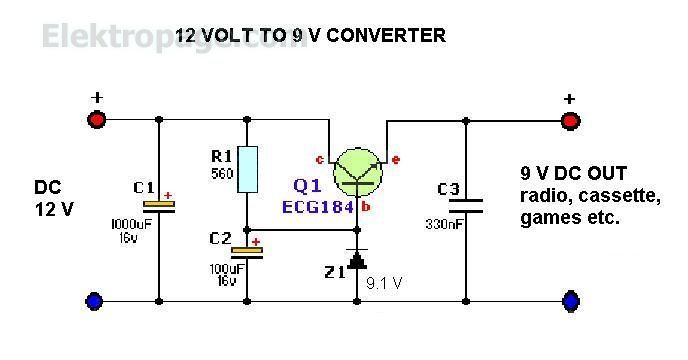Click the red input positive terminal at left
[97, 120]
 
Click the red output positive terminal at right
[570, 120]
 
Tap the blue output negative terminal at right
[570, 299]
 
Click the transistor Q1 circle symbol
[358, 169]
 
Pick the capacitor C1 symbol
[159, 205]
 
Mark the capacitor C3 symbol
[465, 206]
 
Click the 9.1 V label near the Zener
[385, 282]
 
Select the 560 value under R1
[222, 174]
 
